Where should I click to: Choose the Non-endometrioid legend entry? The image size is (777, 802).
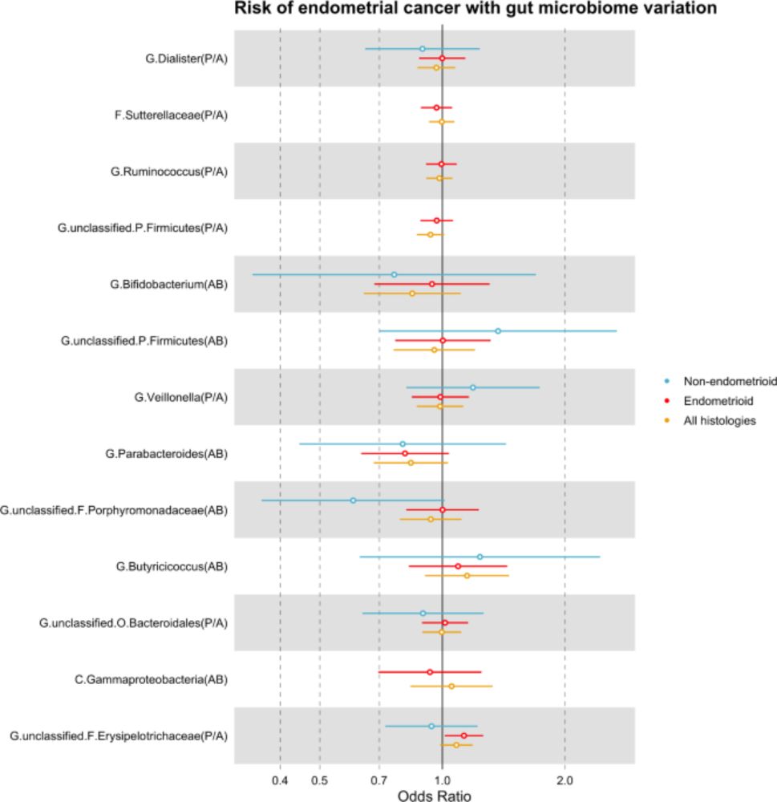click(715, 380)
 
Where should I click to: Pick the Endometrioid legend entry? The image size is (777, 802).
click(706, 400)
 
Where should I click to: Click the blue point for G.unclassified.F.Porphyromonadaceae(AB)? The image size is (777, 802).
click(353, 500)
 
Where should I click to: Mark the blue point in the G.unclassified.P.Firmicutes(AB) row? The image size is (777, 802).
click(498, 331)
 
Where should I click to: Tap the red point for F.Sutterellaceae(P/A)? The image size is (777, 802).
click(437, 107)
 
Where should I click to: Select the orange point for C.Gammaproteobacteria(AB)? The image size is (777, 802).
click(451, 687)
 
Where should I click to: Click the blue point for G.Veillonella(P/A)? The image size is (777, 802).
click(472, 387)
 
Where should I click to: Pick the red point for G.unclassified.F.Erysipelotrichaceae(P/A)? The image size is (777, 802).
click(463, 735)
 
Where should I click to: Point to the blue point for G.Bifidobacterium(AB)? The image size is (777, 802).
click(394, 274)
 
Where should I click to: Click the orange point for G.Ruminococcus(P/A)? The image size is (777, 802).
click(439, 178)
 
